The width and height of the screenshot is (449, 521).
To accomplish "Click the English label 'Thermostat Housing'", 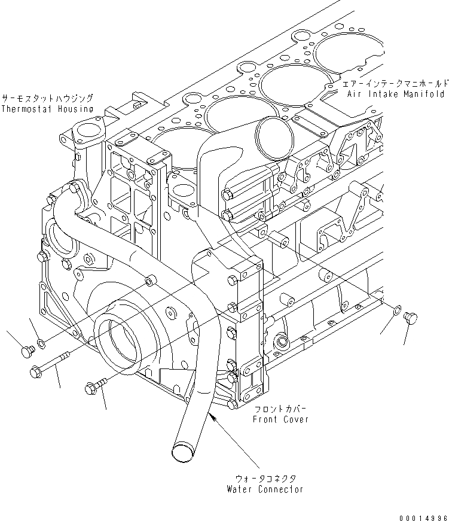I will (x=47, y=109).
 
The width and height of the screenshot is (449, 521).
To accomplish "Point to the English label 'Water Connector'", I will (x=265, y=489).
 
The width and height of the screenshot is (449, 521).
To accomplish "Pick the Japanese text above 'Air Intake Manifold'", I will (x=395, y=84).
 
